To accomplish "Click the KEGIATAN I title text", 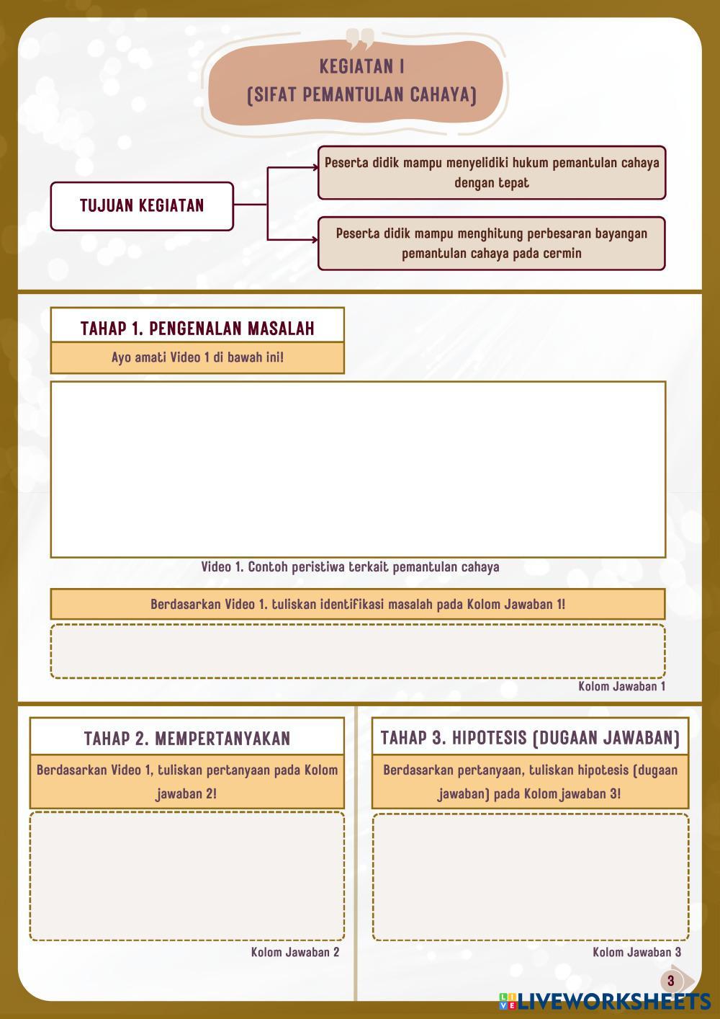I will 361,66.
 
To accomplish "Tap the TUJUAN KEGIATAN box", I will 142,206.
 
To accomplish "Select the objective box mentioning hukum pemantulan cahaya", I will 492,172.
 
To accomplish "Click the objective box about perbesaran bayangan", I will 492,244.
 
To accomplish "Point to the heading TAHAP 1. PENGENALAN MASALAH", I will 197,329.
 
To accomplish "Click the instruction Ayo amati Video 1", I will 197,357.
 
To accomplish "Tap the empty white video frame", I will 358,469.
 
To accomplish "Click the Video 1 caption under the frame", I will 350,567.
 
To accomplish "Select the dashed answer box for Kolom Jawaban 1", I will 358,651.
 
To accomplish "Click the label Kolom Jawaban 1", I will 621,686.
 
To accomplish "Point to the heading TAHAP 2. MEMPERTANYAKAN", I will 187,738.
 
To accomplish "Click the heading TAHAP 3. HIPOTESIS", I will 530,738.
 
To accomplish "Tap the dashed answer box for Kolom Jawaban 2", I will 187,876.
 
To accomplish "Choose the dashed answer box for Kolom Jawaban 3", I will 530,876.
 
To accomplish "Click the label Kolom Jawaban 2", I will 295,953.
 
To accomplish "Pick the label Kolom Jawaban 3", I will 636,953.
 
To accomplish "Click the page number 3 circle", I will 671,981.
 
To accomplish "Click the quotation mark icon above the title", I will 360,37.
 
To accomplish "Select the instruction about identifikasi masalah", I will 358,604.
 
